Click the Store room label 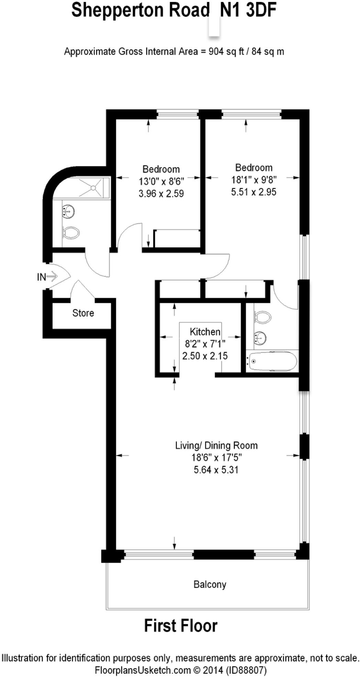(x=83, y=313)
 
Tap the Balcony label (x=210, y=585)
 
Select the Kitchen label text (x=205, y=332)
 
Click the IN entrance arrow (x=52, y=276)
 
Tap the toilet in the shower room (x=71, y=233)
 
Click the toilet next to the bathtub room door (x=262, y=317)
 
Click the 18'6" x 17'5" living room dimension (x=217, y=458)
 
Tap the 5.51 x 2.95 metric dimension (x=254, y=192)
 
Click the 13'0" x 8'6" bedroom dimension (x=161, y=181)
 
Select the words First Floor (x=181, y=626)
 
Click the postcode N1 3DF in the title (x=248, y=10)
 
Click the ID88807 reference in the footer (x=246, y=670)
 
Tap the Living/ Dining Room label (x=216, y=446)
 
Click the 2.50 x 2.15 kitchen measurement (x=205, y=356)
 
